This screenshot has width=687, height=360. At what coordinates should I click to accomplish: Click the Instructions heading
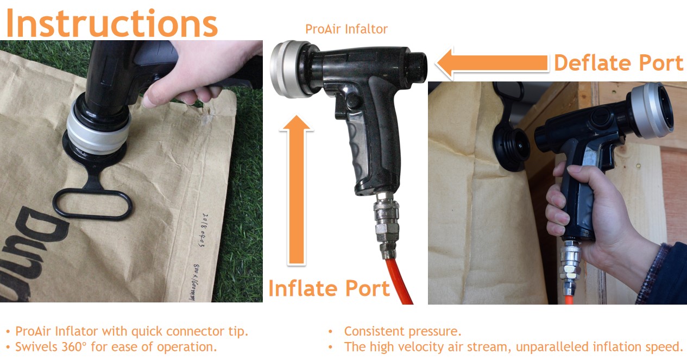[112, 23]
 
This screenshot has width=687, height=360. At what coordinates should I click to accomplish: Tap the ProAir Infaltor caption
[346, 29]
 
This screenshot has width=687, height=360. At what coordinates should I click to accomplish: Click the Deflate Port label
[619, 63]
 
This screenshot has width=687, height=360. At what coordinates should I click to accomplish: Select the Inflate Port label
[329, 288]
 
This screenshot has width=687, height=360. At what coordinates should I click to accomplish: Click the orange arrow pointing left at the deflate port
[492, 64]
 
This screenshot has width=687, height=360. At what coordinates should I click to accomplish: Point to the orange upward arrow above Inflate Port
[297, 190]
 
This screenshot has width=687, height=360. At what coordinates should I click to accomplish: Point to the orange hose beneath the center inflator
[399, 282]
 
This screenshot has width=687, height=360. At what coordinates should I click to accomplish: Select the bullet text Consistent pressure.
[402, 331]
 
